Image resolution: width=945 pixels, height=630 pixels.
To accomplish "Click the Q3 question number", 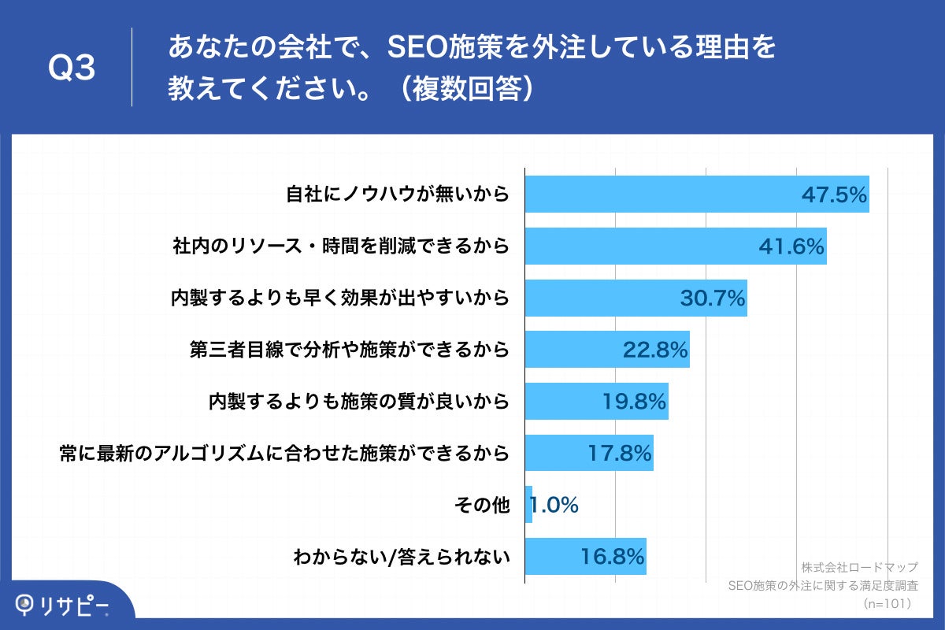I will (x=72, y=69).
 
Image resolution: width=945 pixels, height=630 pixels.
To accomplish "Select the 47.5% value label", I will (x=834, y=195).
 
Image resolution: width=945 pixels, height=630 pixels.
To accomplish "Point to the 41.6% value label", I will (x=791, y=246).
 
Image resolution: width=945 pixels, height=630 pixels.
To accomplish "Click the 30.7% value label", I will (x=712, y=298).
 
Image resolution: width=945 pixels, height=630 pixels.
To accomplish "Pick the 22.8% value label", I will (x=655, y=350).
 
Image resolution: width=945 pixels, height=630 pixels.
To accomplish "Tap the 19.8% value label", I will (x=634, y=402).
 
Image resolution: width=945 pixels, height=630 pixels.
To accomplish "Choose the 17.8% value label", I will (x=619, y=454).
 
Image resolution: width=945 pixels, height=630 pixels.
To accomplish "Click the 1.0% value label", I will (x=554, y=505).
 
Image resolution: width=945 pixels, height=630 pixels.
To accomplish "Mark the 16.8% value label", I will (x=613, y=557).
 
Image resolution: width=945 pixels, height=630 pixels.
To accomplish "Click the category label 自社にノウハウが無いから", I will (x=398, y=195).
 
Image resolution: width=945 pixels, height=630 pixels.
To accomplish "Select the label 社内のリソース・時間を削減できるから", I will (x=341, y=246).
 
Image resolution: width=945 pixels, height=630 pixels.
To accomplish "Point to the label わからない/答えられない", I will (x=402, y=557).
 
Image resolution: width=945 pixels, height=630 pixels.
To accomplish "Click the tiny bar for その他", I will (x=528, y=505).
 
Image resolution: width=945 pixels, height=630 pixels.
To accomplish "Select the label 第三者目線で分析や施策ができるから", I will (x=350, y=350).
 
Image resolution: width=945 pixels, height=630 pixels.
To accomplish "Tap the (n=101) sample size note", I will (x=887, y=603).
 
